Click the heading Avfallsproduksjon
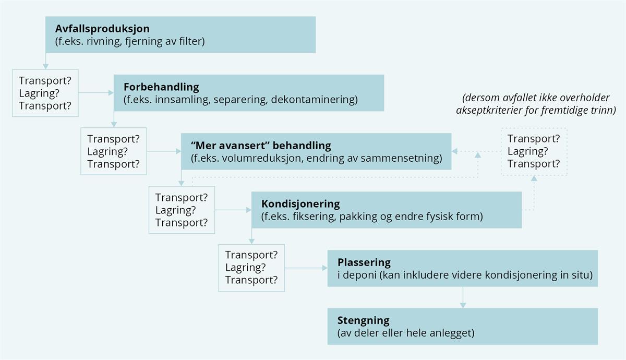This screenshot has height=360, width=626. click(102, 29)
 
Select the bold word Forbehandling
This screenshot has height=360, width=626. click(161, 87)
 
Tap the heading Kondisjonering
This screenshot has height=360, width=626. click(300, 205)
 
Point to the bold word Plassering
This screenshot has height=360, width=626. click(364, 262)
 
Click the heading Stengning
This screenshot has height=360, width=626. click(363, 320)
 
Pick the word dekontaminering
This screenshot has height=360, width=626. click(315, 100)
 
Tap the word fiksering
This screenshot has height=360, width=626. click(315, 217)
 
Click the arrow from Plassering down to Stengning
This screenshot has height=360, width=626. click(463, 297)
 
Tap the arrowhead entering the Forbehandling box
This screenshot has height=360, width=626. click(111, 93)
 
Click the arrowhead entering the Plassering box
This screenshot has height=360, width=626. click(324, 268)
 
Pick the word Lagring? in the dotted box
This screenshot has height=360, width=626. click(527, 151)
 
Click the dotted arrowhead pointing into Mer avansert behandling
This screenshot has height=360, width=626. click(455, 151)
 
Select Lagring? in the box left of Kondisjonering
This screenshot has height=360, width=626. click(175, 210)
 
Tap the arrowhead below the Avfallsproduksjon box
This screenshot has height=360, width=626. click(45, 67)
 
